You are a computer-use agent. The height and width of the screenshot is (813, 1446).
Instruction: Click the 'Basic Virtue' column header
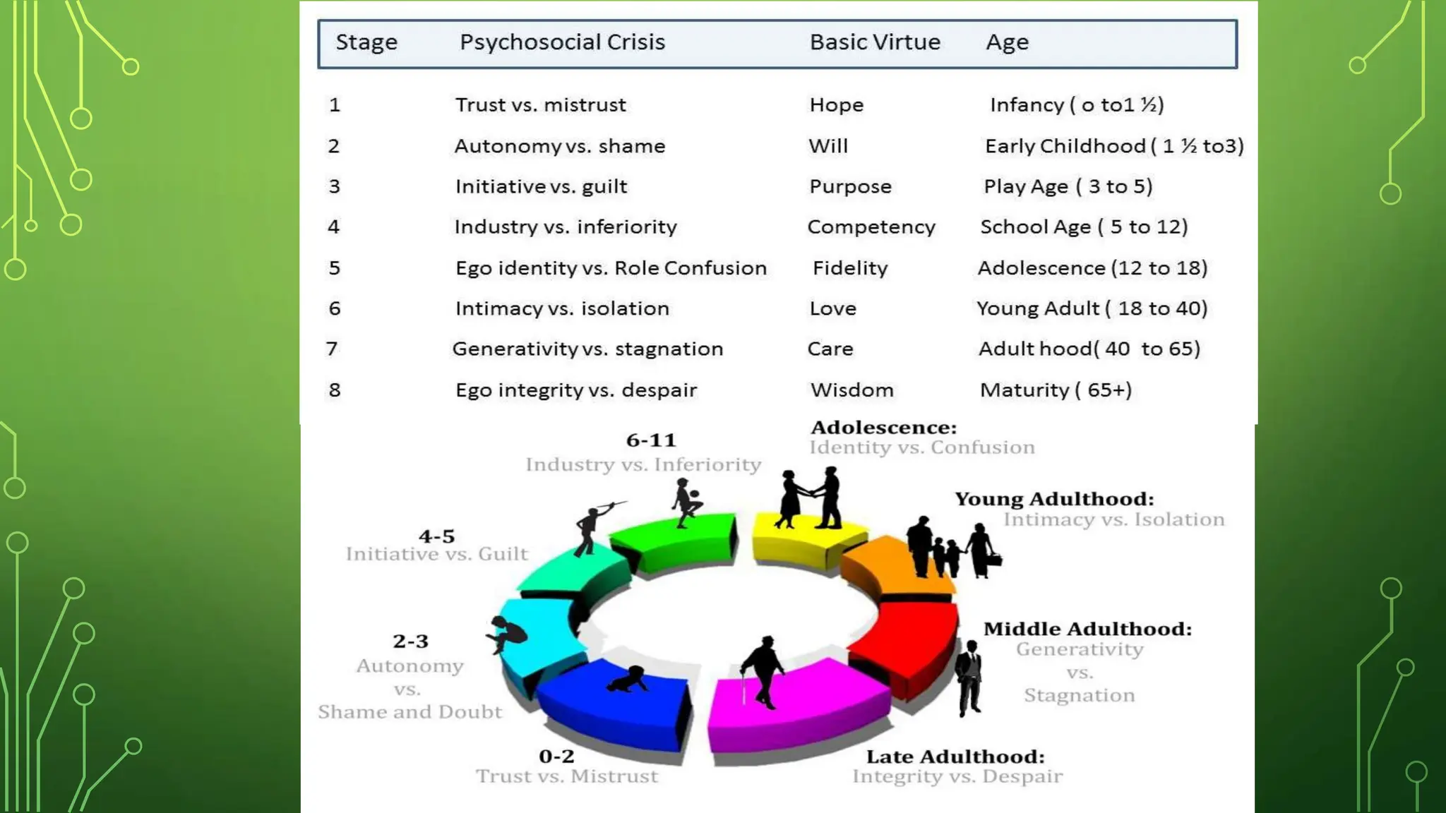(875, 42)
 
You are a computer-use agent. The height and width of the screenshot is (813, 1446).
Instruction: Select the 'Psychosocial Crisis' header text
(562, 42)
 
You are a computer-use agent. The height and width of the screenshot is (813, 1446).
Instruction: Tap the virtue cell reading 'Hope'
(836, 105)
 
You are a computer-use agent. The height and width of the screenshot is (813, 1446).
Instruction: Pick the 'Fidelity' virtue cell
(850, 268)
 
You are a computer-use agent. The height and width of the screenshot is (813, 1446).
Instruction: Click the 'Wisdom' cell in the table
(852, 390)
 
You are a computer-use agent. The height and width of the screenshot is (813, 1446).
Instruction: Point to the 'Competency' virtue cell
(871, 227)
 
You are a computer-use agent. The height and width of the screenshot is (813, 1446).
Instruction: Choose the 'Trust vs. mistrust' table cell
(540, 105)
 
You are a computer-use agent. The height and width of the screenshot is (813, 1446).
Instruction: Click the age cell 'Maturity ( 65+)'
(1056, 390)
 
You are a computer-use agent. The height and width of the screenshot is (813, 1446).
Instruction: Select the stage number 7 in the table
(332, 349)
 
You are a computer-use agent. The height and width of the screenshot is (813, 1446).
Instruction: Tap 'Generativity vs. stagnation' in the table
(587, 349)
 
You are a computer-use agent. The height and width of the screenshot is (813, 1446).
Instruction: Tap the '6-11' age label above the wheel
(651, 440)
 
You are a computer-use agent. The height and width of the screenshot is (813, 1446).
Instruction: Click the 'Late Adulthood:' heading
(955, 757)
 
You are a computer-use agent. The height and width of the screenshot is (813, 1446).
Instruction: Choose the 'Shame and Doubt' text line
(410, 711)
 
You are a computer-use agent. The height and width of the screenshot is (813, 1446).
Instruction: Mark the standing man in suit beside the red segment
(970, 677)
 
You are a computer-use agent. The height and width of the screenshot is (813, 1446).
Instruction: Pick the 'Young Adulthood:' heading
(1054, 499)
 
